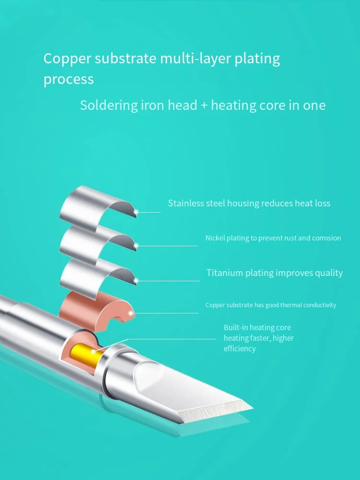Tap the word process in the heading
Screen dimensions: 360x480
point(69,79)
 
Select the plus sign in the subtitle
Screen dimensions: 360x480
point(204,105)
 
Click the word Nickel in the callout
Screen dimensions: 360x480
point(214,238)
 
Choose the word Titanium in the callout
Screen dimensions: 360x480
point(225,273)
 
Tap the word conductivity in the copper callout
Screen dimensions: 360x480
point(318,305)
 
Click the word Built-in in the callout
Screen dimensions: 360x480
point(236,328)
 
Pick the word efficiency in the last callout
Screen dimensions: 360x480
point(240,349)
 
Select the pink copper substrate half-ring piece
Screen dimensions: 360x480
point(96,309)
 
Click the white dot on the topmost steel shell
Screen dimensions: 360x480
point(136,211)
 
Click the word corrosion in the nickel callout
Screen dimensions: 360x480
point(326,238)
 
